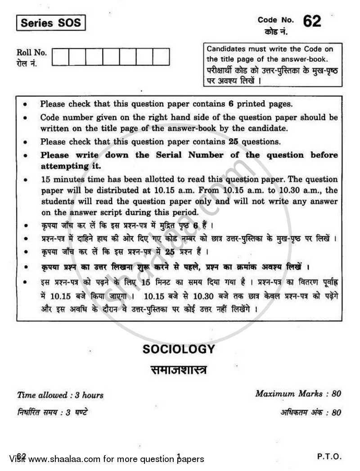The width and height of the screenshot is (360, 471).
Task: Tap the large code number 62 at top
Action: (312, 21)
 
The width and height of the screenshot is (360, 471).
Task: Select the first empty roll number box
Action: (61, 57)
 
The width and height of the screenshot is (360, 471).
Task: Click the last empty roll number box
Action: (161, 57)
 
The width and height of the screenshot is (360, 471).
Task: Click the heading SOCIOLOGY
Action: (179, 349)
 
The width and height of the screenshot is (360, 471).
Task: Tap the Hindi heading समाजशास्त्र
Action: (179, 370)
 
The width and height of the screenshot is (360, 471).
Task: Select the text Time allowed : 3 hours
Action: (60, 395)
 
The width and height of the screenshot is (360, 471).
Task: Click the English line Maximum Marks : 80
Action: (298, 393)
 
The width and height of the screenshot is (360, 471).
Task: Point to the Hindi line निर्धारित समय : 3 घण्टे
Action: (52, 412)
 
